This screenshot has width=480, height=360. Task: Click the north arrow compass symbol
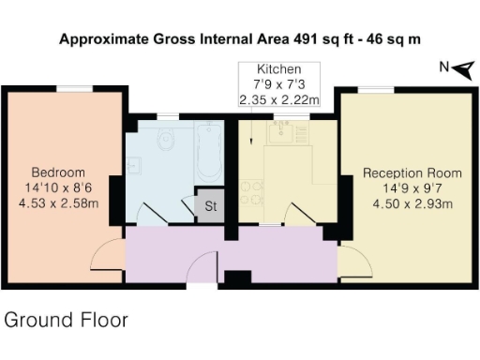pos(453,67)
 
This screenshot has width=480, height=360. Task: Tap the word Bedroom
pos(58,172)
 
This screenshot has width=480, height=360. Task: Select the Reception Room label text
pos(412,173)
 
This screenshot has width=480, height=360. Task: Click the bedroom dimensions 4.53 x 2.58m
pos(58,202)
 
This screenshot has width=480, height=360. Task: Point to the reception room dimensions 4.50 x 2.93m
pos(412,203)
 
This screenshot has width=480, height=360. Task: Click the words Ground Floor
pos(66,320)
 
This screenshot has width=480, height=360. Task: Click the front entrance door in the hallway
pos(202,271)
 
